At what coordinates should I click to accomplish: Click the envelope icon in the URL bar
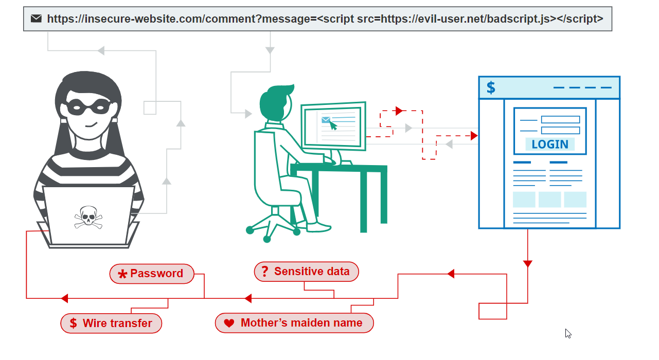click(x=36, y=19)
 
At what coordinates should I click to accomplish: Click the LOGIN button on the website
click(x=549, y=145)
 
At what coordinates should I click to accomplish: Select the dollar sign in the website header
click(x=491, y=88)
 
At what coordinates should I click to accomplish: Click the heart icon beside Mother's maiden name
click(x=229, y=323)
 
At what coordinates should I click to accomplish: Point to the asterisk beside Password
click(x=122, y=275)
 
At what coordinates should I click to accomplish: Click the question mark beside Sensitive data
click(x=265, y=272)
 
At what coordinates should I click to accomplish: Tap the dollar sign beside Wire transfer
click(x=73, y=323)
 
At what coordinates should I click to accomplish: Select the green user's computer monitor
click(x=334, y=125)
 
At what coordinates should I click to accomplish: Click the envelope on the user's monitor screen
click(x=326, y=120)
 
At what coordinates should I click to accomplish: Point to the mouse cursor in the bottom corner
click(x=568, y=333)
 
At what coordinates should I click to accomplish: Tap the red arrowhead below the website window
click(x=527, y=264)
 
